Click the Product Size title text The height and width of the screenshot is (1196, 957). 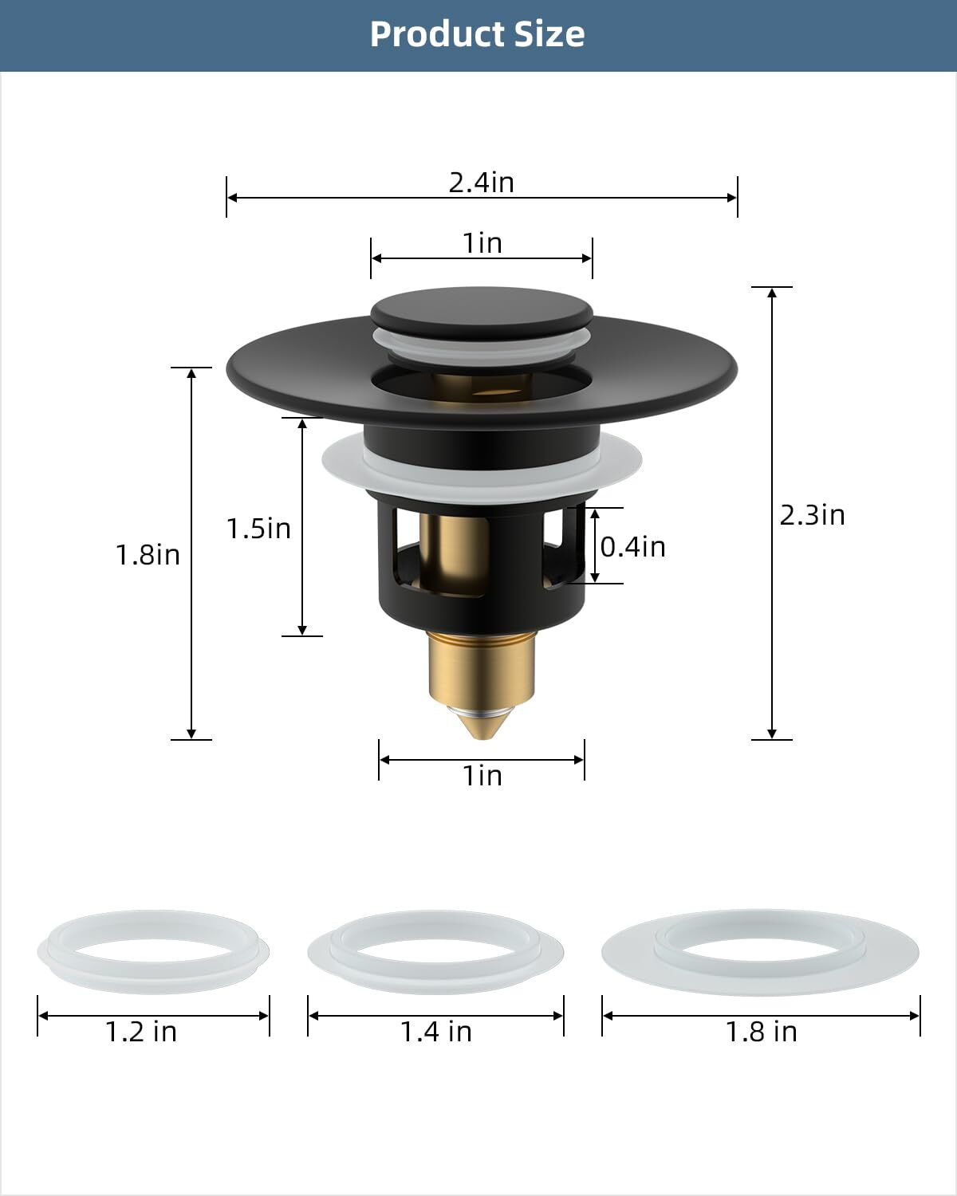477,34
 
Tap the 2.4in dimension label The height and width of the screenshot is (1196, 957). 481,183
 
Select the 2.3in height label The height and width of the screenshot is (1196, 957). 812,515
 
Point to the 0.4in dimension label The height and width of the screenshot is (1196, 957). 632,547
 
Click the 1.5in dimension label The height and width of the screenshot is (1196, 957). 258,529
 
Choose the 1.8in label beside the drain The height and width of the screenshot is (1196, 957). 148,555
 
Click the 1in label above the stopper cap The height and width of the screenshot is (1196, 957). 482,243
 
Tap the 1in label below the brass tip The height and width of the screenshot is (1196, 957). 482,776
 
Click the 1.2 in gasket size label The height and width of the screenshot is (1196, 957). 141,1032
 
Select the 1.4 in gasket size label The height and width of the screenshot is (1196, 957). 435,1032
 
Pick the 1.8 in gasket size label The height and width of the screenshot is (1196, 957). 761,1032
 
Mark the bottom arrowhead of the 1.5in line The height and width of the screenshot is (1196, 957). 302,630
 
